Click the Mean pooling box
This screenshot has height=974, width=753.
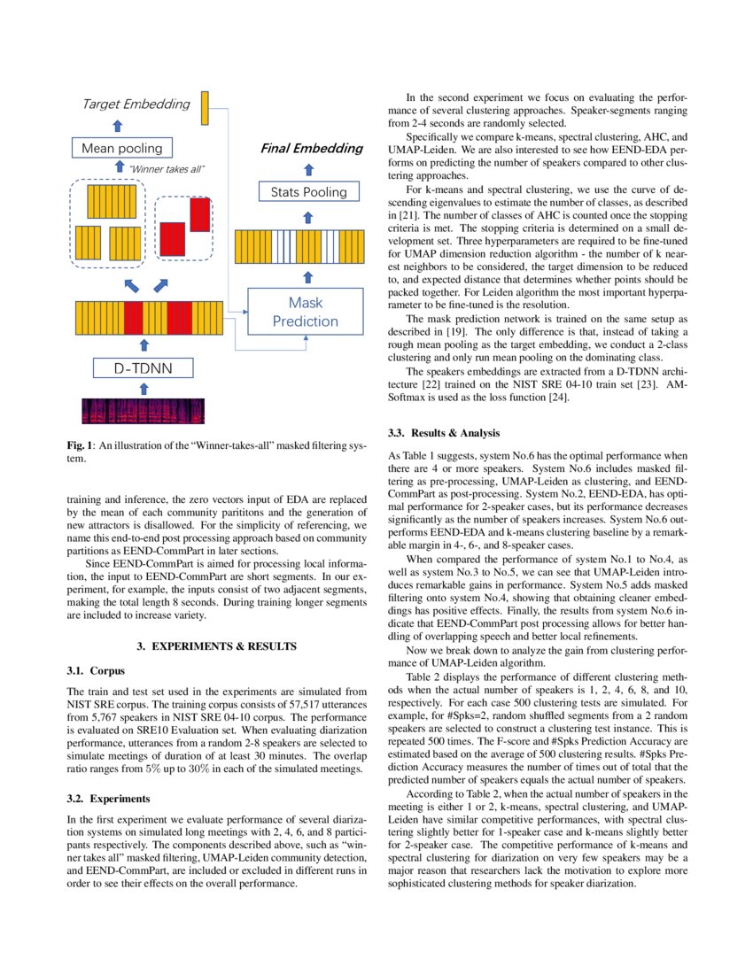122,149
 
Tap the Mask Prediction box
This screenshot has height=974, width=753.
306,312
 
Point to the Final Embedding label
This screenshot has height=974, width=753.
311,148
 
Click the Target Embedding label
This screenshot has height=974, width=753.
136,104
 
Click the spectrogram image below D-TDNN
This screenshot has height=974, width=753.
143,410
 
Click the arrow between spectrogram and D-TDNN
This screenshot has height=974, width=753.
144,389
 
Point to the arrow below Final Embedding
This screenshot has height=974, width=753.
308,167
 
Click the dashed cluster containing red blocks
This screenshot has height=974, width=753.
184,229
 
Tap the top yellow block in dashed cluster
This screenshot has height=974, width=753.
112,201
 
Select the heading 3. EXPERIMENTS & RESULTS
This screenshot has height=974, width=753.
216,646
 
